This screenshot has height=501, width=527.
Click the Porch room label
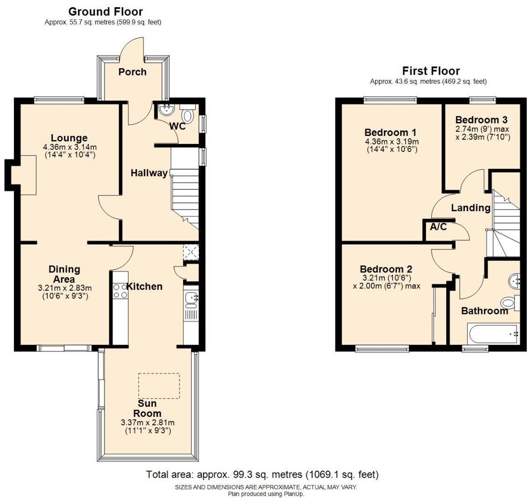pyautogui.click(x=132, y=72)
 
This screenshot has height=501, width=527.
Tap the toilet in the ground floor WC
pyautogui.click(x=188, y=115)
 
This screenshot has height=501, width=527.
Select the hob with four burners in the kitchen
pyautogui.click(x=120, y=291)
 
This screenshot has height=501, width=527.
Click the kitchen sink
pyautogui.click(x=191, y=298)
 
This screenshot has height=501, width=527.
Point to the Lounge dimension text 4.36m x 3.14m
pyautogui.click(x=69, y=147)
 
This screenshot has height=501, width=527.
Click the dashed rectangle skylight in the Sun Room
pyautogui.click(x=159, y=386)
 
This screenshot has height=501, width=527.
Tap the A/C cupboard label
pyautogui.click(x=438, y=227)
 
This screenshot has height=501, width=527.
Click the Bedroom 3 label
pyautogui.click(x=481, y=120)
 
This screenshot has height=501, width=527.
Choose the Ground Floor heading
pyautogui.click(x=106, y=12)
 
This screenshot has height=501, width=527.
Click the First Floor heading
pyautogui.click(x=431, y=71)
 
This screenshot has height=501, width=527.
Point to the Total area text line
pyautogui.click(x=262, y=475)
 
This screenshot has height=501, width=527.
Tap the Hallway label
pyautogui.click(x=149, y=173)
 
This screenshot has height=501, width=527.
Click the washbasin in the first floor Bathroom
pyautogui.click(x=514, y=281)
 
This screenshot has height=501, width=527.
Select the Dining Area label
pyautogui.click(x=64, y=274)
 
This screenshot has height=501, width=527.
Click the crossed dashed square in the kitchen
pyautogui.click(x=191, y=251)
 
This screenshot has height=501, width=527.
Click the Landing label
pyautogui.click(x=470, y=208)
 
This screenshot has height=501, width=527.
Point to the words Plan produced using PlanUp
pyautogui.click(x=266, y=494)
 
